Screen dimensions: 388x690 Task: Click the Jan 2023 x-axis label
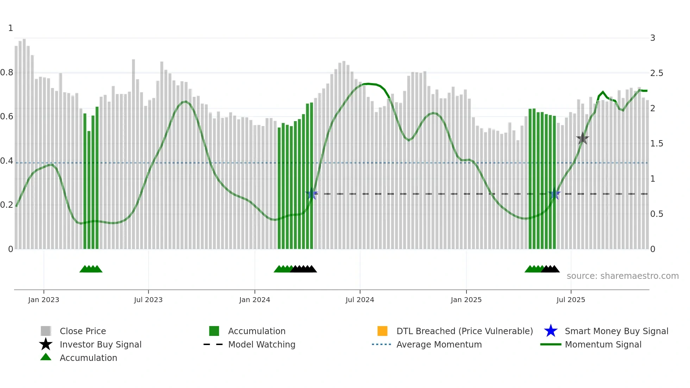tap(44, 300)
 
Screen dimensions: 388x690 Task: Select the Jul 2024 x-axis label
tap(360, 300)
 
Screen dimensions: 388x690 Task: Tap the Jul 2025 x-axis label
tap(571, 300)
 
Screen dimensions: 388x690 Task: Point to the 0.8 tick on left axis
tap(7, 73)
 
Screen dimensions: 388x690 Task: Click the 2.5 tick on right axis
tap(657, 73)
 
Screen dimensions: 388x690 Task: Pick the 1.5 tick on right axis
tap(657, 144)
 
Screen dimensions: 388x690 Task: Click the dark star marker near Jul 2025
tap(583, 138)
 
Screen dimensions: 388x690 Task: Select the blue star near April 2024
tap(312, 194)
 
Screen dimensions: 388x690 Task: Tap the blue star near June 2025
tap(554, 194)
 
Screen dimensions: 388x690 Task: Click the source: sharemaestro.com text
tap(622, 276)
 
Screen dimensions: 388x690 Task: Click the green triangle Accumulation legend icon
tap(46, 357)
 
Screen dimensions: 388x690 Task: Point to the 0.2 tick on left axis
tap(7, 205)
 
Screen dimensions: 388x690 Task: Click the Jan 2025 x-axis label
tap(466, 300)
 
